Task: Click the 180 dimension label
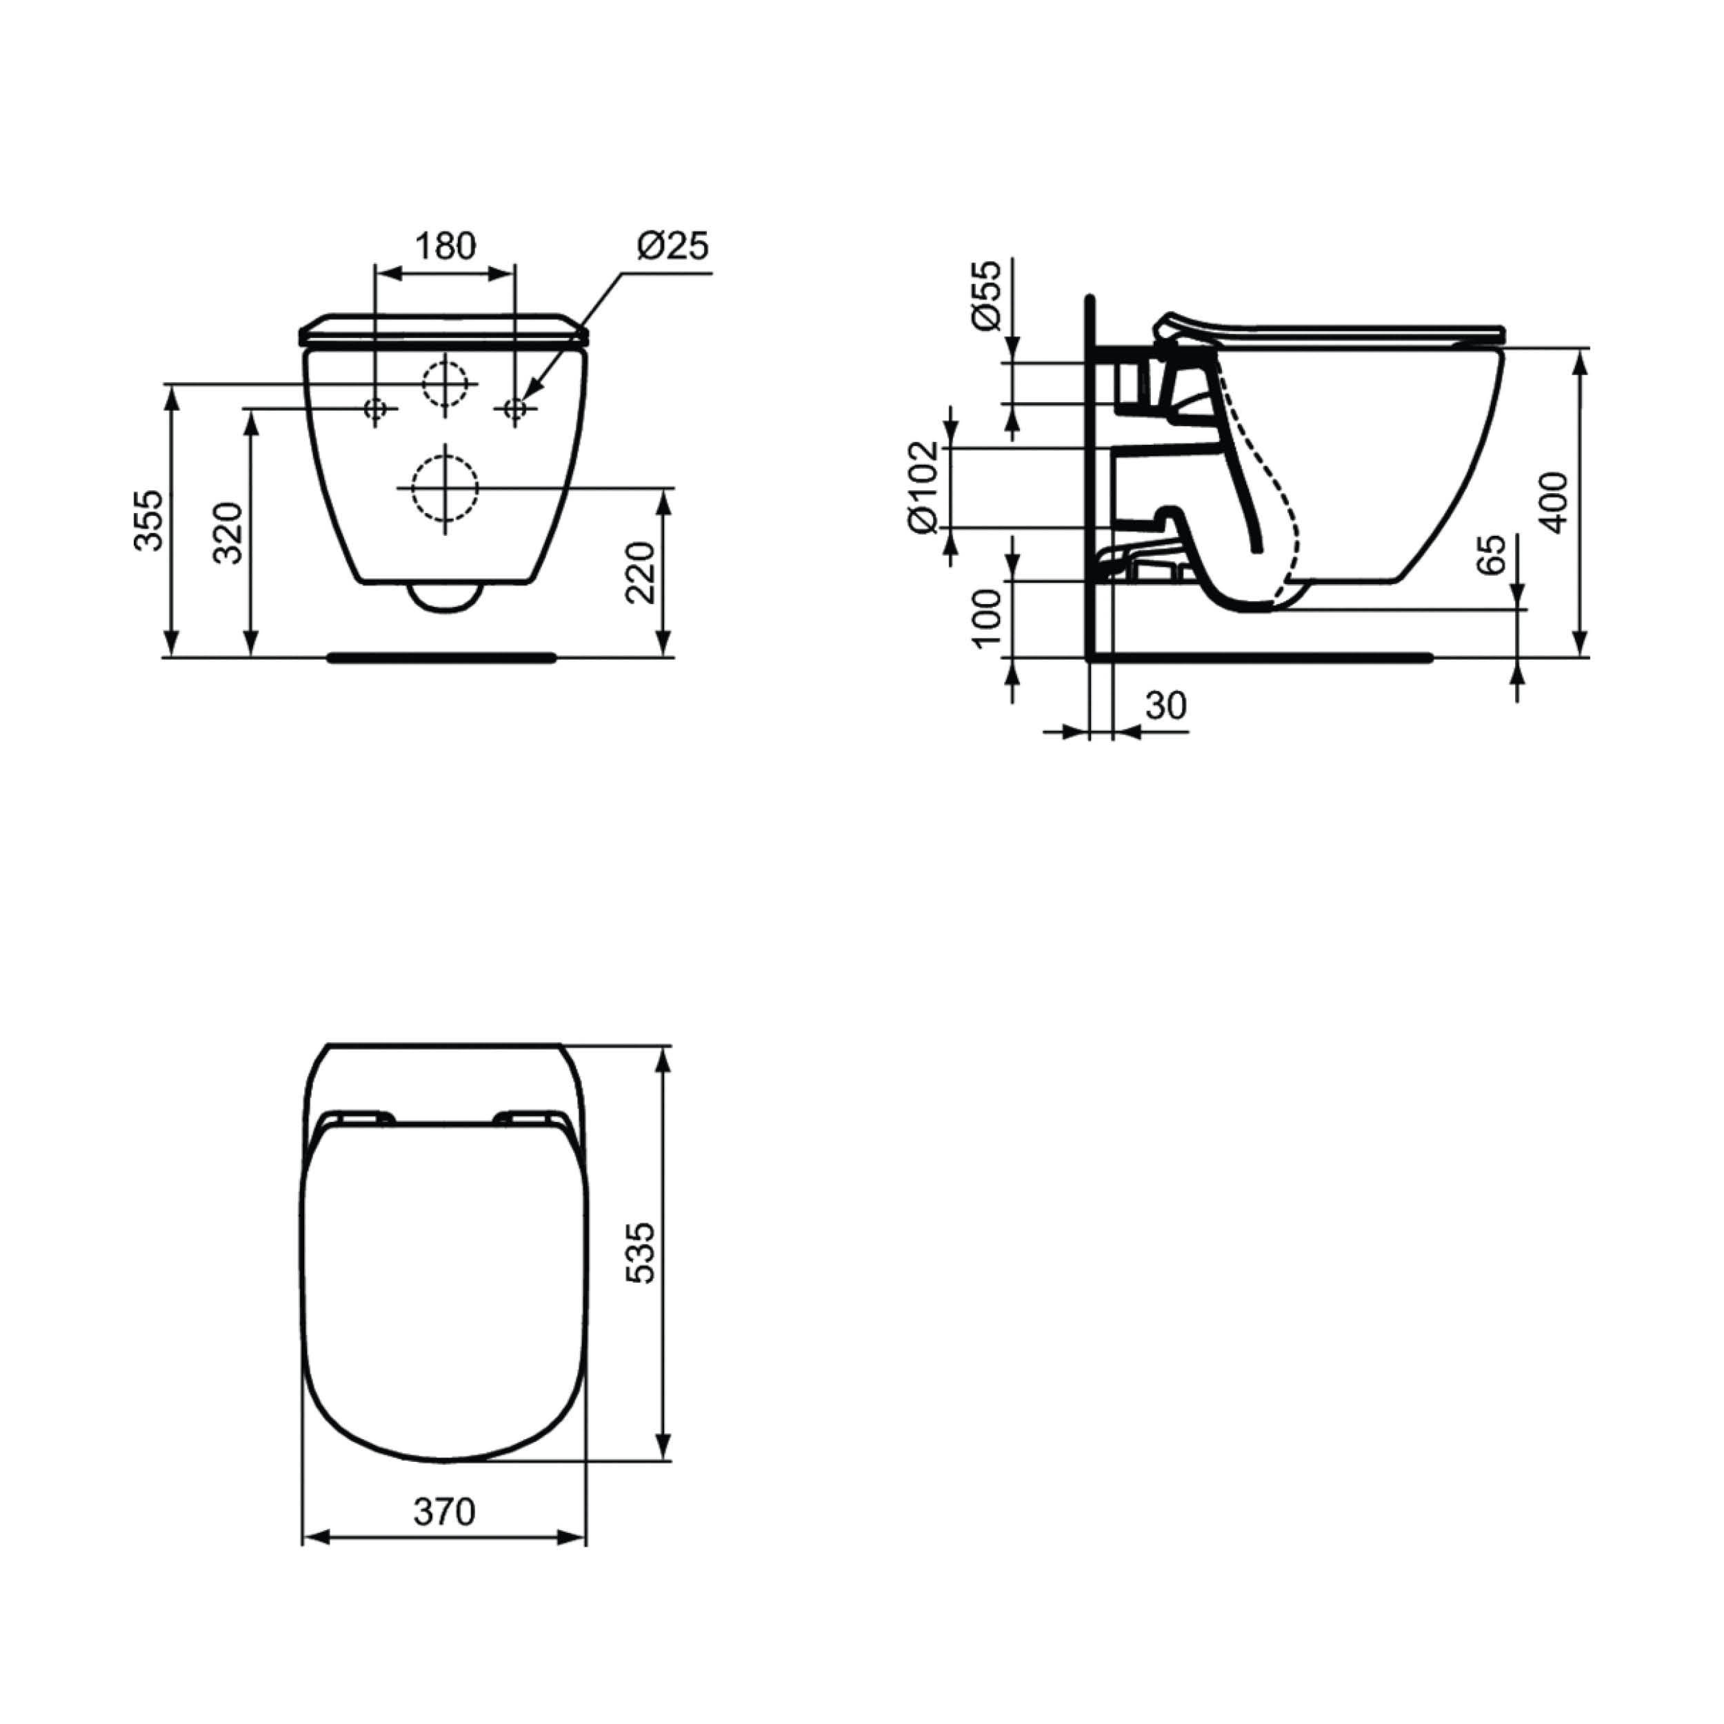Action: [446, 245]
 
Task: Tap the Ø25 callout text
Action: [673, 245]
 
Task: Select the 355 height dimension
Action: [149, 520]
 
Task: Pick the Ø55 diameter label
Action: [988, 295]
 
